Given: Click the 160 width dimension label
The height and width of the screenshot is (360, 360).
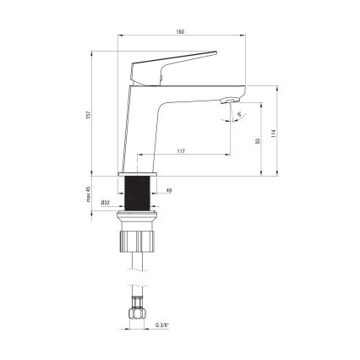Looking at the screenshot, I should (180, 31).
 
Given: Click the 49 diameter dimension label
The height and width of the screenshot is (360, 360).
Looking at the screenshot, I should (170, 191).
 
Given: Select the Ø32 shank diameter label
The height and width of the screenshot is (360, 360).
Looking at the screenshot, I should (104, 204).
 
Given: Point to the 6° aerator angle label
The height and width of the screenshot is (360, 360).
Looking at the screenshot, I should (238, 114).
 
